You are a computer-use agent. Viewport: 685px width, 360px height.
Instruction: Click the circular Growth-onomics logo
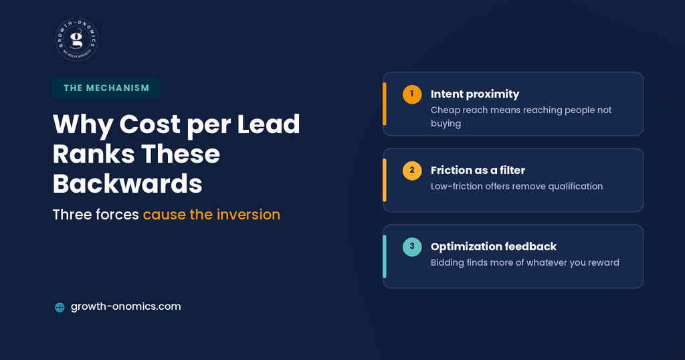(x=77, y=39)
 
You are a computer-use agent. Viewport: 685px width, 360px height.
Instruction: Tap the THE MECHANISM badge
(x=106, y=88)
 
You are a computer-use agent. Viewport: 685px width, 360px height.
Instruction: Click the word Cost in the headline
(x=150, y=124)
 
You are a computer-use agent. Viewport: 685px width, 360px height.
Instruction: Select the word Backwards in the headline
(x=128, y=183)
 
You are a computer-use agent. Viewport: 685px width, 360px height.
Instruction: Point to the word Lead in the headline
(x=269, y=124)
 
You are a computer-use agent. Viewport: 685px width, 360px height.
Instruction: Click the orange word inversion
(x=249, y=215)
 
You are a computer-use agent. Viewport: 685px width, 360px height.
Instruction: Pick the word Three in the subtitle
(x=69, y=215)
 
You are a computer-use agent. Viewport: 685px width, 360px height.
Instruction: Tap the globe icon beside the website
(x=60, y=307)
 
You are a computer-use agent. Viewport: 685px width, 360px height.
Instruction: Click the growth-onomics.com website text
(x=126, y=306)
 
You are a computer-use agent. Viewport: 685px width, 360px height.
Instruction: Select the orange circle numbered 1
(x=412, y=94)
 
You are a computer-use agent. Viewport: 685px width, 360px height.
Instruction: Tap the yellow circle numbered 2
(x=412, y=171)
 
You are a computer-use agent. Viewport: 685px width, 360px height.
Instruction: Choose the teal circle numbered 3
(x=412, y=247)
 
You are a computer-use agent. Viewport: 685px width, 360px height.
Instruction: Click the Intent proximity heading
(x=475, y=94)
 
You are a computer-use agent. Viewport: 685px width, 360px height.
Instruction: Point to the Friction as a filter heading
(x=478, y=170)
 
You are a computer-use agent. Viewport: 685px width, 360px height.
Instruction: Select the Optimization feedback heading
(x=494, y=247)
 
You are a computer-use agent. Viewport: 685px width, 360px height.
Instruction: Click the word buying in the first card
(x=446, y=124)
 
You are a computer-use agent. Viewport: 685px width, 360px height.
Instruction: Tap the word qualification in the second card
(x=575, y=187)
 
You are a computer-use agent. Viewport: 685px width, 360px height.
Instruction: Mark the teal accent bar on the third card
(x=385, y=256)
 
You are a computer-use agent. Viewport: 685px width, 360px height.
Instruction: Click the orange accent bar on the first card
(x=385, y=104)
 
